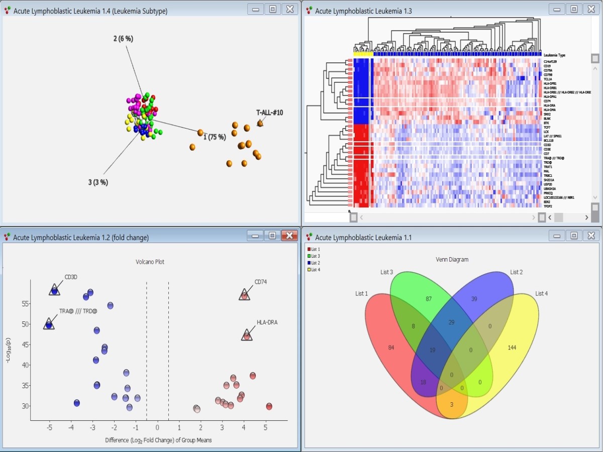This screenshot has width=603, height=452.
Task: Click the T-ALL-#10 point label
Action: point(269,112)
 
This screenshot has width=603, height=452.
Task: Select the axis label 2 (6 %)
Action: point(123,39)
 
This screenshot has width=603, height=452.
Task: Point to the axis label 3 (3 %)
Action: point(97,182)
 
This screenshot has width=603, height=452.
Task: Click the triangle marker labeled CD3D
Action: point(55,290)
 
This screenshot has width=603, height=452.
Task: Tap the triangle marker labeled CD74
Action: point(244,295)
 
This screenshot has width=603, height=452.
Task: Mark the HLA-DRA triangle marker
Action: point(247,335)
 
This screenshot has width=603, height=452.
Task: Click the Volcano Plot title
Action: point(150,262)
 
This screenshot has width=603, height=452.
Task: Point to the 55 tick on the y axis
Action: point(24,304)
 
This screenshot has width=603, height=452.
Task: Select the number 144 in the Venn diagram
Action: point(512,348)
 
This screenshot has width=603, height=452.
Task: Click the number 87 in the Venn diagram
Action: point(429,299)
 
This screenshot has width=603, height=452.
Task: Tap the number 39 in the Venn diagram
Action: point(474,299)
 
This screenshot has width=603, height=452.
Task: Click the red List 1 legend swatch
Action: point(309,249)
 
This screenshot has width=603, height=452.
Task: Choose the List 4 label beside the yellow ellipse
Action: point(541,293)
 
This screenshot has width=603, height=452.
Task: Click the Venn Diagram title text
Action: point(452,260)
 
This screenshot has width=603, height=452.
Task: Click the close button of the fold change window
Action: point(289,236)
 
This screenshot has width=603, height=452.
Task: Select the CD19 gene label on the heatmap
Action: point(547,66)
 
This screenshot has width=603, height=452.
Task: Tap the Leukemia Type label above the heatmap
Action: point(555,55)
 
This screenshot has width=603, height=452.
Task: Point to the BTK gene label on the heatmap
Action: point(546,123)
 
